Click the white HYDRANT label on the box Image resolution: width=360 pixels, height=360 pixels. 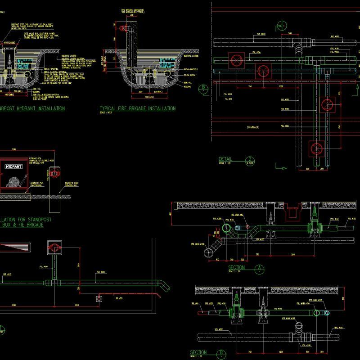point(13,166)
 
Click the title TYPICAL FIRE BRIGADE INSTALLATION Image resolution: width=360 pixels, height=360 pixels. point(137,108)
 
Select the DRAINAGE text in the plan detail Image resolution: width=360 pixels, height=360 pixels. point(253,127)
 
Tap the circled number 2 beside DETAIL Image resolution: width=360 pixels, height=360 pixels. point(249,159)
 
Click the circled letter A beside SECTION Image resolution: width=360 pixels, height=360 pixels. point(259,269)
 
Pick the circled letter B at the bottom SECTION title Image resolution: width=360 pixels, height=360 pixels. point(221,353)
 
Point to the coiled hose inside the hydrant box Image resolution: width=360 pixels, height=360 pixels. point(13,181)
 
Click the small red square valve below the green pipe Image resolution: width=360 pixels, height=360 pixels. point(98,298)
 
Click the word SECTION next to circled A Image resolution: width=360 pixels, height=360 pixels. point(237,268)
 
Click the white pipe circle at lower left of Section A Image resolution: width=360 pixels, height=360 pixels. point(209,254)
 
